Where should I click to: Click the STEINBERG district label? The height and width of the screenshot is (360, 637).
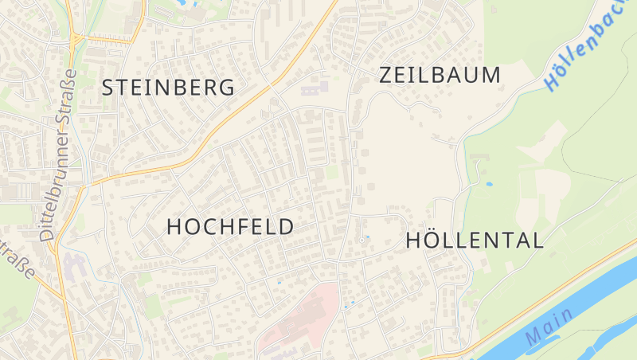(168, 88)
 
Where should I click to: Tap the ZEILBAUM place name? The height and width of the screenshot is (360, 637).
(440, 75)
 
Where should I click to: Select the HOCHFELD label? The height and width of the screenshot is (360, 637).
(230, 226)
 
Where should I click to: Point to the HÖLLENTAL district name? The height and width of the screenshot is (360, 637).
(475, 240)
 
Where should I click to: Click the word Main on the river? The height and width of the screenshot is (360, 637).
(549, 327)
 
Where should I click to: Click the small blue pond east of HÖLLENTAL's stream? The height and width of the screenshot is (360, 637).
(488, 184)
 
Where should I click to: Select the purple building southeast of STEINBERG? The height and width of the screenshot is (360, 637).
(314, 86)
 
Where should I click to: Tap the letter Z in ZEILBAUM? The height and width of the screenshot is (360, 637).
(388, 75)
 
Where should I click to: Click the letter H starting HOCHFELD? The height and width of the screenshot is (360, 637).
(175, 226)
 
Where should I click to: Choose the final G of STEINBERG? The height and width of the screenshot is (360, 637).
(227, 88)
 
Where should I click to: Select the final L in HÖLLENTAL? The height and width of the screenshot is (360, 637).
(537, 240)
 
